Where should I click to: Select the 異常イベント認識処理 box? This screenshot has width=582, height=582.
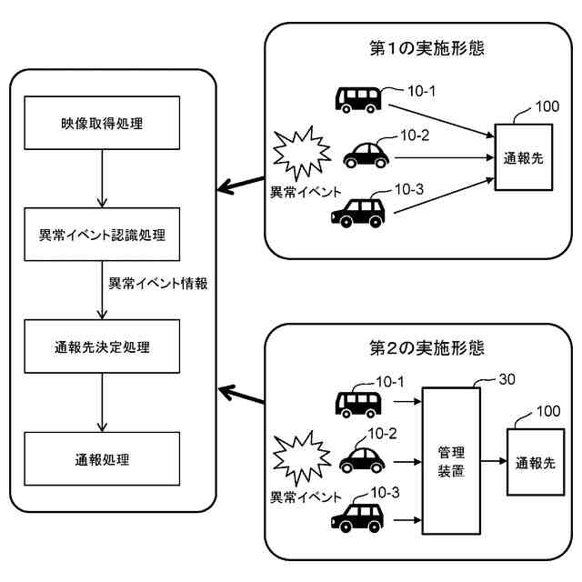[x=102, y=234]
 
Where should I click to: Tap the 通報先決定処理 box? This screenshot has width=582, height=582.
[x=102, y=346]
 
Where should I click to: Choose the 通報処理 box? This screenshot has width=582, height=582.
[x=102, y=459]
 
